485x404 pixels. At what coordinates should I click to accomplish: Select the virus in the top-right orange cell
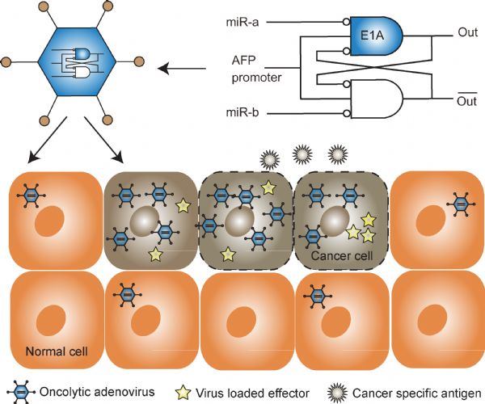pyautogui.click(x=461, y=203)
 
